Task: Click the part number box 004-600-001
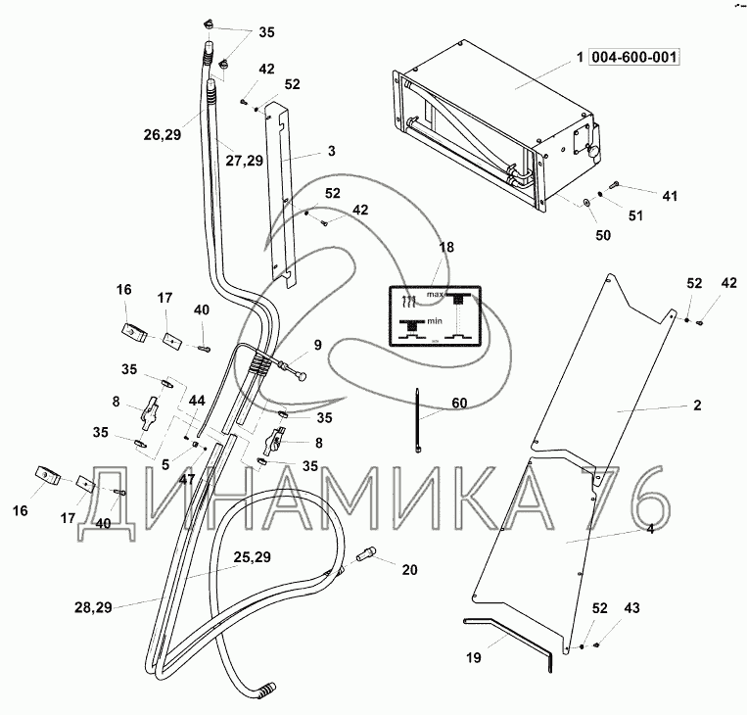(633, 57)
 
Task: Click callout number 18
(445, 248)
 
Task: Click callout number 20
(409, 568)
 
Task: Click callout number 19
(473, 659)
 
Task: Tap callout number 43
(632, 609)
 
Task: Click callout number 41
(669, 197)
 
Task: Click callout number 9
(317, 344)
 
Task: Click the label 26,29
(162, 135)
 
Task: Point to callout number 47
(186, 481)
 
